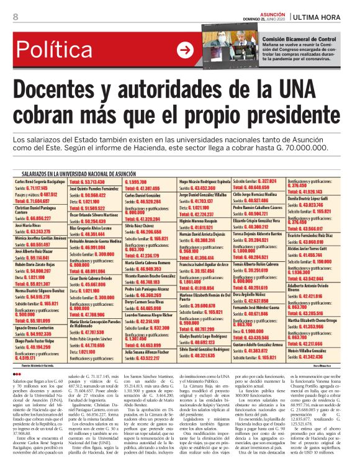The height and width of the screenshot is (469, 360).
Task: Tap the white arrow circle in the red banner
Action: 184,50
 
